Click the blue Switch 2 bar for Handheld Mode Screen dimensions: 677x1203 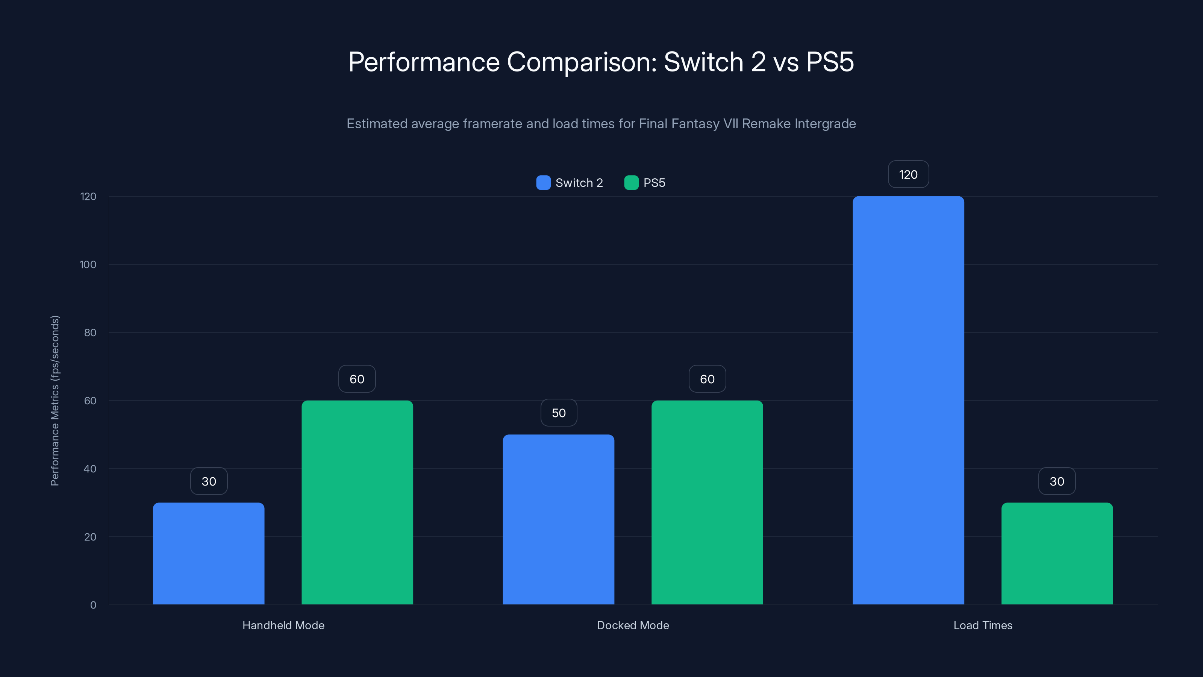208,554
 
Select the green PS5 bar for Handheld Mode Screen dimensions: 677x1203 357,502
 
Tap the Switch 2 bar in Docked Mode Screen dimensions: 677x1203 559,519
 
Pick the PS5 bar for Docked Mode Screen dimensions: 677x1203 707,502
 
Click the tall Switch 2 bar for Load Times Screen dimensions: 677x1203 908,401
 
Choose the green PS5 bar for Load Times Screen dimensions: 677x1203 1057,554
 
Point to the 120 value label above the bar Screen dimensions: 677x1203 908,174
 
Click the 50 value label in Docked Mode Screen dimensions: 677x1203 559,413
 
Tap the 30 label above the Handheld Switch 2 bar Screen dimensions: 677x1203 209,481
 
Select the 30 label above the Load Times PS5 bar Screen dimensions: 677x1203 1057,481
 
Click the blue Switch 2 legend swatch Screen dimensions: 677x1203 543,183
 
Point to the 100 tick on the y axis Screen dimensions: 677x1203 88,264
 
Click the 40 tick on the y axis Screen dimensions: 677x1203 90,469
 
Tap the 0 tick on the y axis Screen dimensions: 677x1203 93,605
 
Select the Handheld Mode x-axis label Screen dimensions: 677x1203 283,625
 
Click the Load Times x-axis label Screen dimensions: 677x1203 983,625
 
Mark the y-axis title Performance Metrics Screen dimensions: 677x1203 55,401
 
